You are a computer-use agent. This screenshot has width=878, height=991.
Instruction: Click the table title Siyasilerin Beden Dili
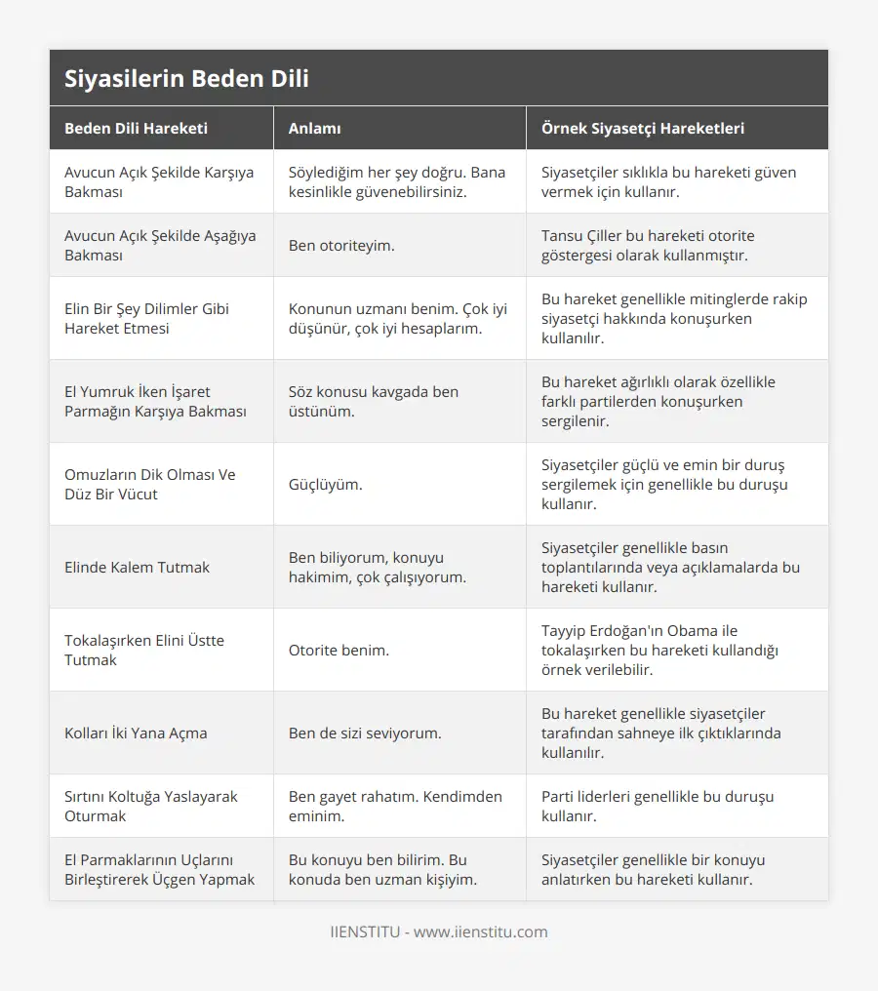pyautogui.click(x=186, y=79)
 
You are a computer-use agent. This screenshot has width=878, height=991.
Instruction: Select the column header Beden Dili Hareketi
pyautogui.click(x=136, y=128)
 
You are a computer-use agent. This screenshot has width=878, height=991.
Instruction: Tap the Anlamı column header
pyautogui.click(x=314, y=128)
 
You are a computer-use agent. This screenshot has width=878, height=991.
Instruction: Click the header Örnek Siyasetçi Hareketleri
pyautogui.click(x=643, y=128)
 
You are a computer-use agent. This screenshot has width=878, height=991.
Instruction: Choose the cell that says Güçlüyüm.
pyautogui.click(x=325, y=484)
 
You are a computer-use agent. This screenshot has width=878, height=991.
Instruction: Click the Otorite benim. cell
pyautogui.click(x=339, y=650)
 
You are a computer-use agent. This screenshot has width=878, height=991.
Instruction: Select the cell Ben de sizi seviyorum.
pyautogui.click(x=365, y=733)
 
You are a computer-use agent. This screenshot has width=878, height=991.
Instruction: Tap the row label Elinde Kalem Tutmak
pyautogui.click(x=137, y=567)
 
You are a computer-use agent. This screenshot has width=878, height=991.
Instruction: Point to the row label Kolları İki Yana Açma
pyautogui.click(x=136, y=733)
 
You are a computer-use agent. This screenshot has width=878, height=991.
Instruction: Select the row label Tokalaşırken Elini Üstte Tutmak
pyautogui.click(x=144, y=650)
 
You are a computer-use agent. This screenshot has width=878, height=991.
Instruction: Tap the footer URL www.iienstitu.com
pyautogui.click(x=480, y=932)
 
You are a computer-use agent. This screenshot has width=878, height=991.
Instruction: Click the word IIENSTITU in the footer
pyautogui.click(x=364, y=932)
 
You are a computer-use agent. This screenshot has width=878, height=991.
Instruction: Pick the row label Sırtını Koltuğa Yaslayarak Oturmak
pyautogui.click(x=151, y=806)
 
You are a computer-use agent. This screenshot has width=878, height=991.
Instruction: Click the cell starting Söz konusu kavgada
pyautogui.click(x=374, y=401)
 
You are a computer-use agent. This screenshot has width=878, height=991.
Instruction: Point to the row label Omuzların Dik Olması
pyautogui.click(x=150, y=484)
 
